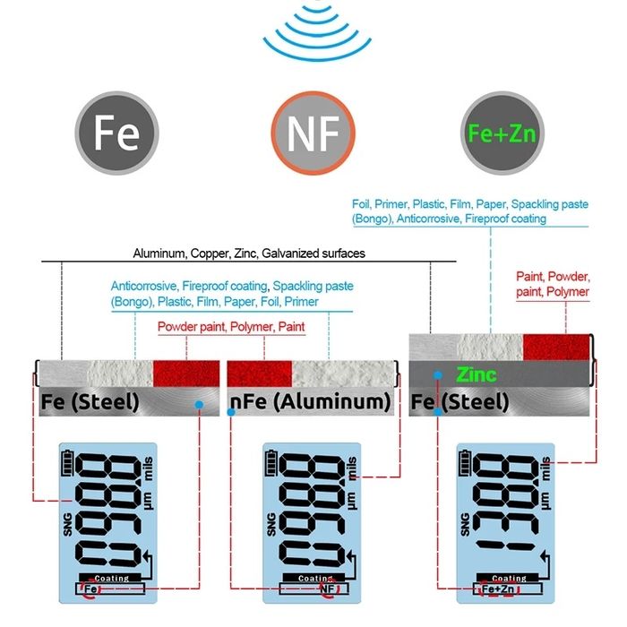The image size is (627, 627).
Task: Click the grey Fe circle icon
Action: coord(117,133)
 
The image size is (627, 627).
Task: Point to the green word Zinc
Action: coord(476,374)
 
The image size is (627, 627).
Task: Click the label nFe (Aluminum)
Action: coord(312,402)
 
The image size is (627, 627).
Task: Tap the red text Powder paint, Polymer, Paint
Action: coord(231,327)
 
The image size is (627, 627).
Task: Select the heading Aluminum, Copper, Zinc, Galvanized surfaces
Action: coord(249,253)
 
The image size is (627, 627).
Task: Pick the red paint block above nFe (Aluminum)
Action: coord(261,373)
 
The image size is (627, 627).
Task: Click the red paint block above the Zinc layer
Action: coord(557,345)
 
